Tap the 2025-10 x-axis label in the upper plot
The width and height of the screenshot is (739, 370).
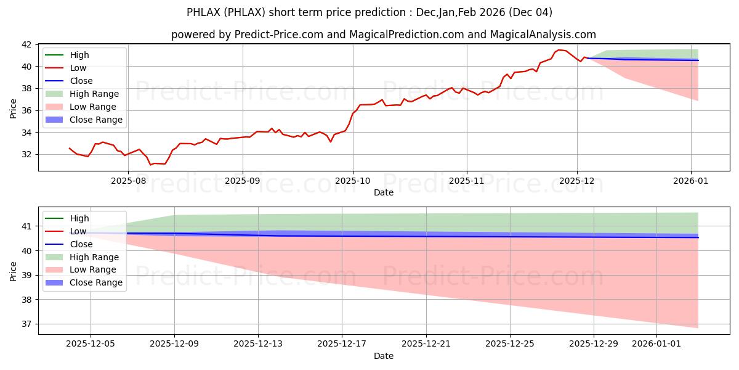pos(353,181)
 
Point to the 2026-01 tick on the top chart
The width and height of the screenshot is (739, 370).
pos(691,181)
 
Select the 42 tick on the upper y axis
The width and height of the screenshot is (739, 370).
pos(27,44)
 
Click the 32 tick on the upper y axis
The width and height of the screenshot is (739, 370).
pos(27,154)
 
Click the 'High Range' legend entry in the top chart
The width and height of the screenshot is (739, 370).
pos(94,94)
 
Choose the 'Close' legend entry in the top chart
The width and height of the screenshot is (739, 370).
pos(81,81)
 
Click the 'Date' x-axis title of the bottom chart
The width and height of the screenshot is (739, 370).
pos(383,356)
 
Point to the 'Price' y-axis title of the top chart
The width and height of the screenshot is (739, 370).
pos(14,108)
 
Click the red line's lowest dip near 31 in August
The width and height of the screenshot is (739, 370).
pos(150,165)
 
